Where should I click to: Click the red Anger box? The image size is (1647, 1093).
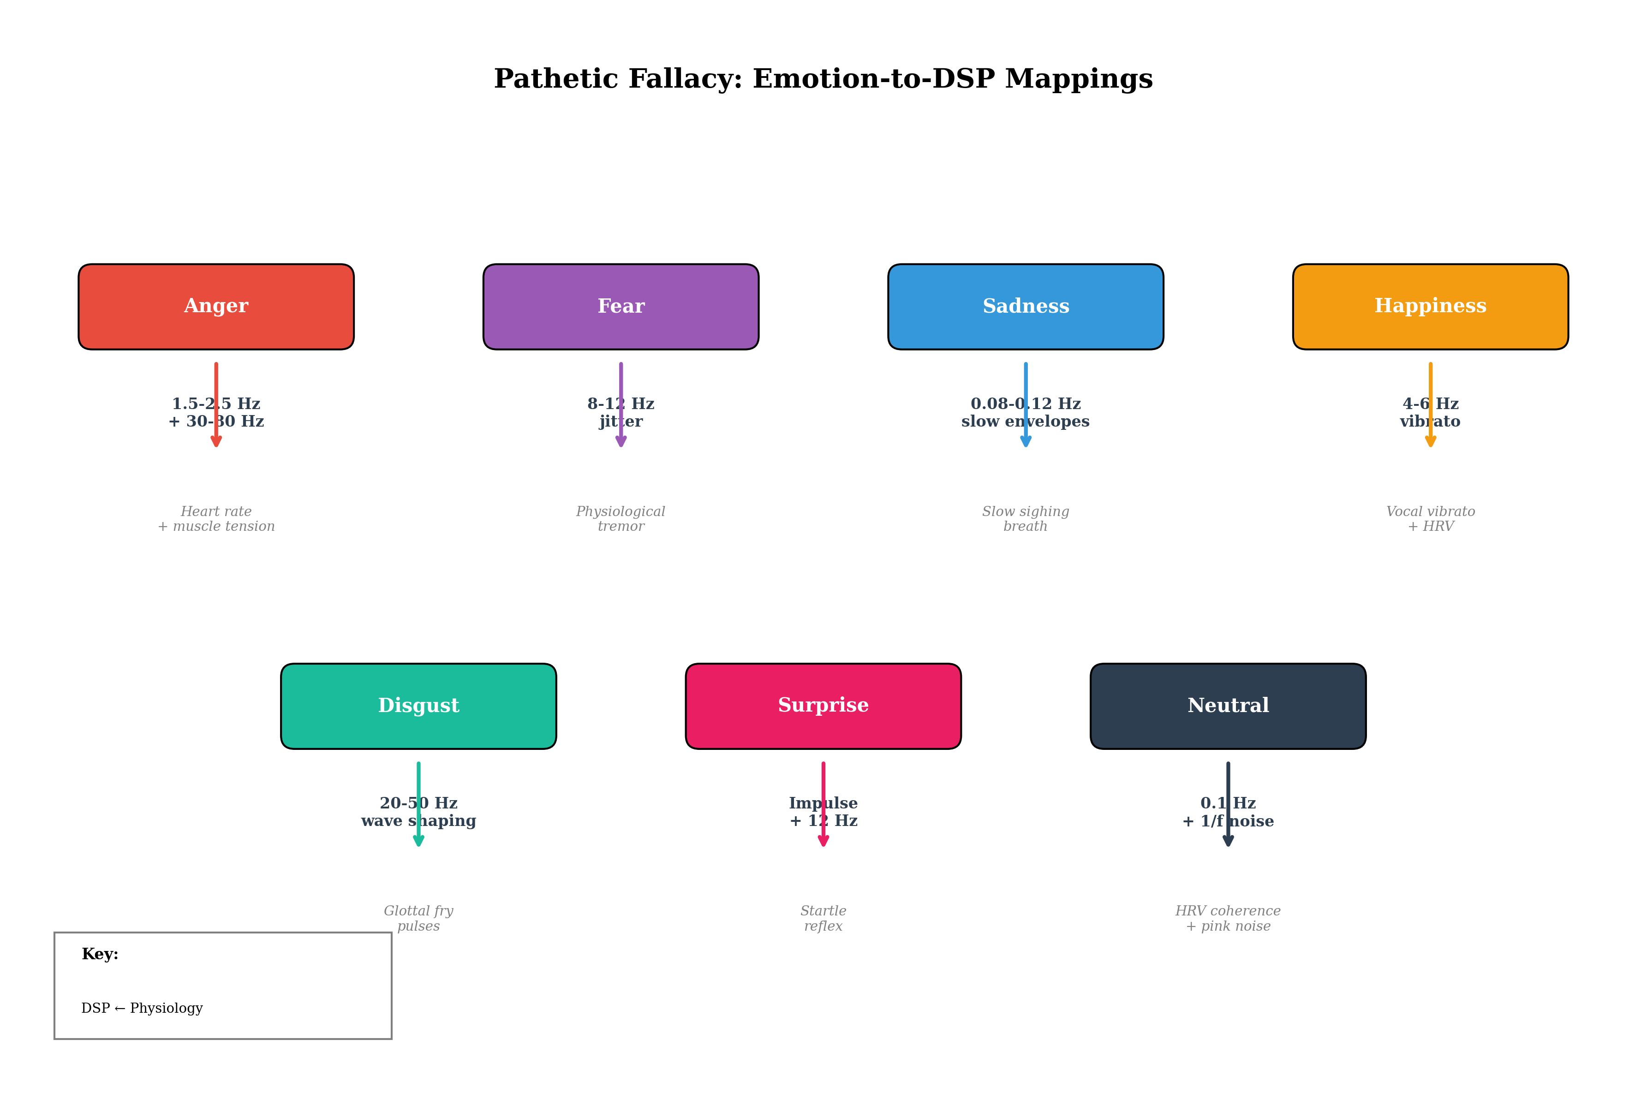pos(216,307)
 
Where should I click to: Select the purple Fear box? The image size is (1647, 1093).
pos(621,307)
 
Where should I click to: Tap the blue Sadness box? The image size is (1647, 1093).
pos(1025,307)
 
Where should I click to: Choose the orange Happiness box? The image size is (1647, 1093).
pos(1430,307)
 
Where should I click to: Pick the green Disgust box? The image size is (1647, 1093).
pos(418,706)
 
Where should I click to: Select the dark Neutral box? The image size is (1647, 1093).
pos(1228,706)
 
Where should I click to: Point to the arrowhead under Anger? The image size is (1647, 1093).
pos(216,441)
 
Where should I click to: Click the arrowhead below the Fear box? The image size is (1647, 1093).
pos(621,441)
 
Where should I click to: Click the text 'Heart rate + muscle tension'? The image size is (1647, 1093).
pos(216,519)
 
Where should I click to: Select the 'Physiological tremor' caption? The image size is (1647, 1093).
pos(621,519)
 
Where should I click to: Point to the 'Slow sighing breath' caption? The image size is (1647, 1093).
pos(1025,519)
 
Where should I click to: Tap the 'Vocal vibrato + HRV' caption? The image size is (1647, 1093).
pos(1430,519)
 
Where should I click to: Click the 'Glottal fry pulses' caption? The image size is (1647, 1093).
pos(418,919)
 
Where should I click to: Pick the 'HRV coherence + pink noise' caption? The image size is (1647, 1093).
pos(1228,919)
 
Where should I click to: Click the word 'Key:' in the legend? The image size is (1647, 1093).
pos(100,954)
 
